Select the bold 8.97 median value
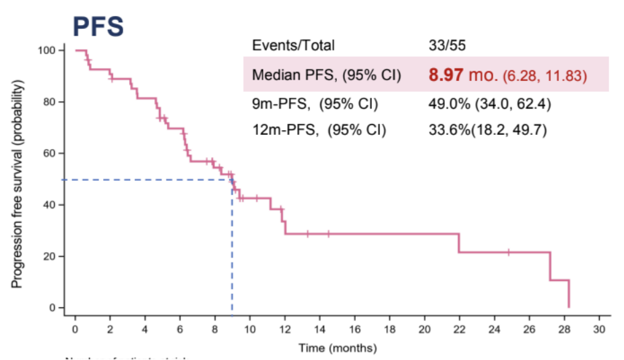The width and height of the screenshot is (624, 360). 444,75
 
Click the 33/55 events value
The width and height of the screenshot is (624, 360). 444,45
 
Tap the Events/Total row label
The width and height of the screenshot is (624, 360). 293,45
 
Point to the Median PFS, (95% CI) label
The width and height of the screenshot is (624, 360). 326,76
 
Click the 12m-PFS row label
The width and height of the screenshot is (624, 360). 319,129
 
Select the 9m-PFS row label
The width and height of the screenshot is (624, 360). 315,104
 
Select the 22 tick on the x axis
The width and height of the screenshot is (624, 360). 459,329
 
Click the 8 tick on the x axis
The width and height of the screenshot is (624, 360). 215,329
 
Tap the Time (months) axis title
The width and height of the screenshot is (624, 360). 338,349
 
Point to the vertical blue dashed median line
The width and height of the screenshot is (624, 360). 232,256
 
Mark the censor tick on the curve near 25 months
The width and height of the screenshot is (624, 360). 508,252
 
